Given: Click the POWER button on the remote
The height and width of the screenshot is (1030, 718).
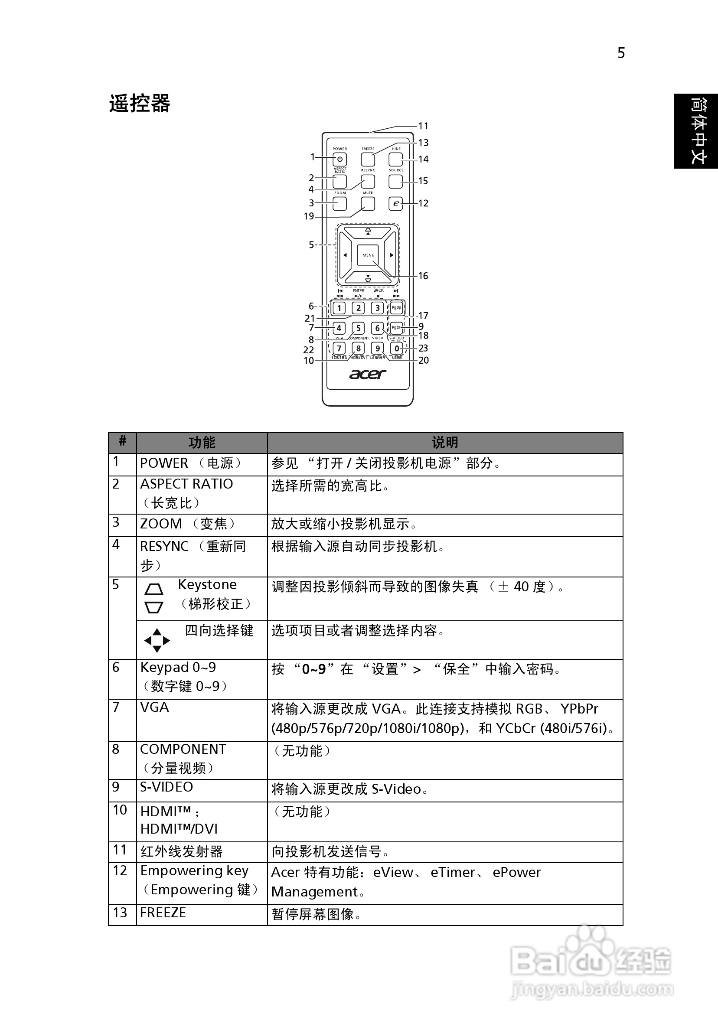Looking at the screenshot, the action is (339, 159).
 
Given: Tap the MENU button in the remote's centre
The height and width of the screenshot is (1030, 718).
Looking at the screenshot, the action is (368, 255).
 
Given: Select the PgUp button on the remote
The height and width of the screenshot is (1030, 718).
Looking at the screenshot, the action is (396, 308).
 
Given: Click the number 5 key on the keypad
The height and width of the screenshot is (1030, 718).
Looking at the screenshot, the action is (358, 328).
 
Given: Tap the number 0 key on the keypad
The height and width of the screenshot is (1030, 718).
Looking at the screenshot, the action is (396, 348).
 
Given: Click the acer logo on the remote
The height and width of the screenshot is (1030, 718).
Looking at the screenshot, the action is (368, 374).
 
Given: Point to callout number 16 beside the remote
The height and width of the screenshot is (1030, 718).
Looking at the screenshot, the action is (423, 276).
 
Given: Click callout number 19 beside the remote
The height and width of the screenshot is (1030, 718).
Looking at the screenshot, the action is (309, 216).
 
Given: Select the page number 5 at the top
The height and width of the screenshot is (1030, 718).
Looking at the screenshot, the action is (621, 53).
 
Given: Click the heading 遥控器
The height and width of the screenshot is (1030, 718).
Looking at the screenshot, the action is (140, 104).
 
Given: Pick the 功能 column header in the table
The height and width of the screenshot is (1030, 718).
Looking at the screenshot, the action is (202, 443).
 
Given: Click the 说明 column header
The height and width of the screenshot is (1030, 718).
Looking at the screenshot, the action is (445, 443).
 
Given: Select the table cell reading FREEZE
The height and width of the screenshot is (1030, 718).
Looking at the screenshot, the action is (163, 913).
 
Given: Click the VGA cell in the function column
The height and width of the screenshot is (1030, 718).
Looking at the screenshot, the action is (154, 707).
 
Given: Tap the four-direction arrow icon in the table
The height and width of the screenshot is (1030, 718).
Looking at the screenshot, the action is (157, 640).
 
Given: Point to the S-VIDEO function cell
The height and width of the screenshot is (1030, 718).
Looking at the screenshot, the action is (166, 787).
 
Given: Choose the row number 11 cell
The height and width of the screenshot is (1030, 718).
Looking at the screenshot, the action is (120, 850).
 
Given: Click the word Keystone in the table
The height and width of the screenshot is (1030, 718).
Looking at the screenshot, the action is (207, 584).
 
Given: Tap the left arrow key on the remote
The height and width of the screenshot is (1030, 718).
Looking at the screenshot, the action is (345, 255).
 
